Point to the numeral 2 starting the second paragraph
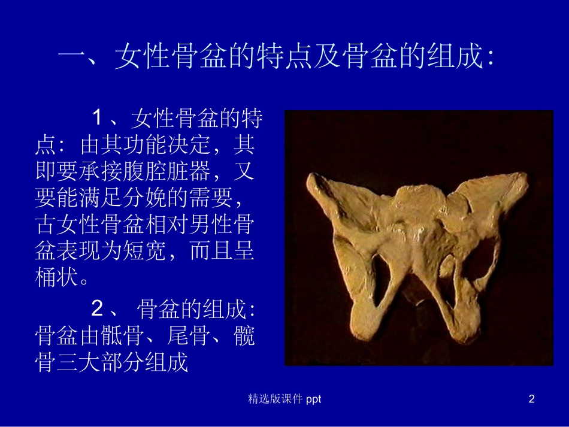(98, 310)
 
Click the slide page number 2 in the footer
(531, 399)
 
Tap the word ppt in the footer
(313, 399)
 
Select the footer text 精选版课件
(275, 399)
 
